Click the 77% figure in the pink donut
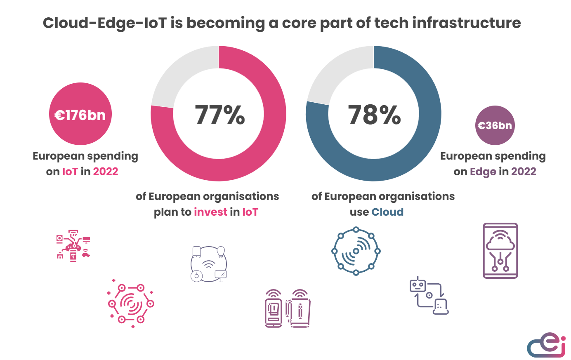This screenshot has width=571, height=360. [x=219, y=115]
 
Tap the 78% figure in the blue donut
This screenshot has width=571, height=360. [x=374, y=115]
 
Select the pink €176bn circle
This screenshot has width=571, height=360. [x=80, y=114]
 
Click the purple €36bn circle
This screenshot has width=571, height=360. [x=495, y=125]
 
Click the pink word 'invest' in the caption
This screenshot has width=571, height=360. [x=210, y=212]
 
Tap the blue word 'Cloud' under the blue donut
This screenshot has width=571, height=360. [x=387, y=212]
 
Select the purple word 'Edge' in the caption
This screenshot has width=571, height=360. [x=483, y=172]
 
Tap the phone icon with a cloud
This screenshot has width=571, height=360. [x=500, y=251]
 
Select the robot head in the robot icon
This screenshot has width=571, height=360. [x=418, y=285]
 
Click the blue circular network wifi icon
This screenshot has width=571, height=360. [x=356, y=251]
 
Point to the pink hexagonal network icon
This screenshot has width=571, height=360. [x=131, y=304]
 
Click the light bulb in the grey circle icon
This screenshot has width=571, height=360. [x=221, y=252]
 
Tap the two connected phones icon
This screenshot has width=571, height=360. [x=287, y=309]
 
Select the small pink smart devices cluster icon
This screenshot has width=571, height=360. [x=73, y=246]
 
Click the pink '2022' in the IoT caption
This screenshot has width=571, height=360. [x=106, y=172]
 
